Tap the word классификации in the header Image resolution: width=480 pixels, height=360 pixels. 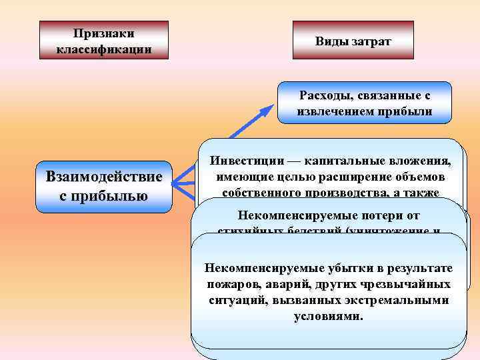pyautogui.click(x=103, y=49)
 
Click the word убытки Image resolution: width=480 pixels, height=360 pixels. pyautogui.click(x=320, y=268)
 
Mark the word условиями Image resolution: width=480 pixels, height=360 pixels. pyautogui.click(x=329, y=315)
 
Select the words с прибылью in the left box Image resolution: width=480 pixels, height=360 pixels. pyautogui.click(x=103, y=196)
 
